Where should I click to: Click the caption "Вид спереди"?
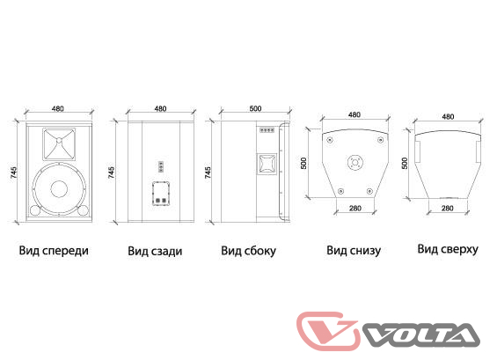[54, 251]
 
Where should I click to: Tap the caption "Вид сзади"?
[155, 251]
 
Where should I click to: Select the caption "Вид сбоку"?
[248, 251]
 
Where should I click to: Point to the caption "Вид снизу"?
[354, 250]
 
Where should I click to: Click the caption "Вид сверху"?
[448, 249]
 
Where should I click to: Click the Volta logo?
[388, 331]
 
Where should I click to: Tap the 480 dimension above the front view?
[58, 108]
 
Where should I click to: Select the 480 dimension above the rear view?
[160, 108]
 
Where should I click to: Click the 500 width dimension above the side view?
[255, 108]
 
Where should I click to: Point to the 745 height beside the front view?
[14, 172]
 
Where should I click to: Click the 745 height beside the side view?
[208, 173]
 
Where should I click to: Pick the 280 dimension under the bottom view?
[355, 208]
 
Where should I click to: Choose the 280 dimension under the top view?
[447, 208]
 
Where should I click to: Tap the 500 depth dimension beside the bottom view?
[303, 163]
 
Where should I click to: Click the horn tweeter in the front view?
[59, 144]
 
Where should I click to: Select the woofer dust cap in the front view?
[59, 189]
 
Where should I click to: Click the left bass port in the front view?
[35, 210]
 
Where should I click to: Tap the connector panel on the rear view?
[161, 193]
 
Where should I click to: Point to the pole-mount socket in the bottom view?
[355, 163]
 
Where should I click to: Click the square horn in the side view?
[267, 164]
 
